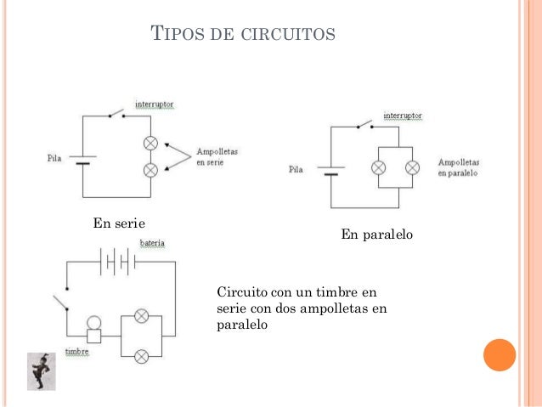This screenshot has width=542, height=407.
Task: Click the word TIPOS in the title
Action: (x=173, y=35)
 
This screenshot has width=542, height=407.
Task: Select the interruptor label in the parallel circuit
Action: (x=403, y=116)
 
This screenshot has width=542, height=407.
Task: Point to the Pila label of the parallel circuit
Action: (x=296, y=170)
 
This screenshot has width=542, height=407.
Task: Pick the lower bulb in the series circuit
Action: (x=151, y=169)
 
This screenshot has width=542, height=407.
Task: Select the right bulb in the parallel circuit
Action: (x=412, y=167)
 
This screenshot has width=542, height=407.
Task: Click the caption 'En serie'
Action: (x=119, y=223)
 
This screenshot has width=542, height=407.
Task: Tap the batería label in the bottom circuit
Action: (x=153, y=243)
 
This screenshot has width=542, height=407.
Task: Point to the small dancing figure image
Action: (x=40, y=371)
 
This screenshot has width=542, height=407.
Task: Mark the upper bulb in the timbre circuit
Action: (x=142, y=316)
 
